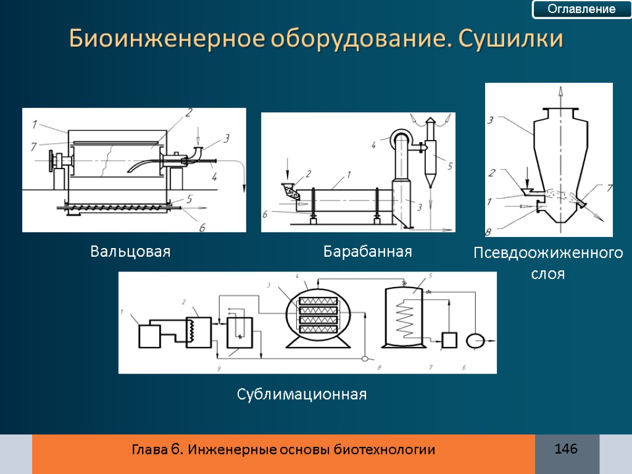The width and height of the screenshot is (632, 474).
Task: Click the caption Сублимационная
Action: click(302, 394)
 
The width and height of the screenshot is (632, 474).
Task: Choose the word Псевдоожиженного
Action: click(548, 254)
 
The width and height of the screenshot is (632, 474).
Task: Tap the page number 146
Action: click(566, 449)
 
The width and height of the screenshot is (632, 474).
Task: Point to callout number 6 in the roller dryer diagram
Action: click(202, 227)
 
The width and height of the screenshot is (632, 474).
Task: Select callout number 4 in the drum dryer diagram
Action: click(373, 146)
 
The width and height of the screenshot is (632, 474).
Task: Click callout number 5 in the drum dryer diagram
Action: click(450, 165)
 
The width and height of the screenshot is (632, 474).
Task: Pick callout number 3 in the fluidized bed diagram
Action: click(491, 121)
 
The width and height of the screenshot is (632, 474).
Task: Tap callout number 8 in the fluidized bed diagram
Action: click(488, 233)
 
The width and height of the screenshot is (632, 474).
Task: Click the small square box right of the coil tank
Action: click(449, 339)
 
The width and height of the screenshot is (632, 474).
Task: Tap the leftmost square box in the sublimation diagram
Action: click(149, 336)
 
